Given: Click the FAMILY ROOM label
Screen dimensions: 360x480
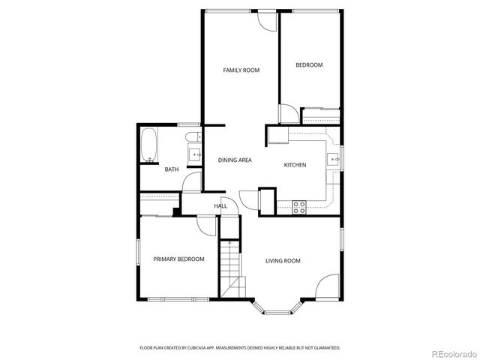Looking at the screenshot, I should pos(241,70).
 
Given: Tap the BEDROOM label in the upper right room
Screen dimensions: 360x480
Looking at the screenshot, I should pos(309,65).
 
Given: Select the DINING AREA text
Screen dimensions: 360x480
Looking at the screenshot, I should pos(235,160).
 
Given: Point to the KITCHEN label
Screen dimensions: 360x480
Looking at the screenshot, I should pos(295,164).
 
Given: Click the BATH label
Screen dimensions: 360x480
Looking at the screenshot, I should pos(172,169).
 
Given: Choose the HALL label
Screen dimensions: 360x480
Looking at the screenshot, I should pos(220,205).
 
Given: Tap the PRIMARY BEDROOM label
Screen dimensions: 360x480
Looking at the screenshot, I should pos(178,259).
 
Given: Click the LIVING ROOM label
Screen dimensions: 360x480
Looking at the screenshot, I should pos(283,261).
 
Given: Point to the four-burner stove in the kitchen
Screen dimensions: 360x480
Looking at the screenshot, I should pos(299,208).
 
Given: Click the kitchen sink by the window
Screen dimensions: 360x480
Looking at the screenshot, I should pos(333,158).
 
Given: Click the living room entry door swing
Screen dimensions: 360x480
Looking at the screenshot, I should pos(328,287).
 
